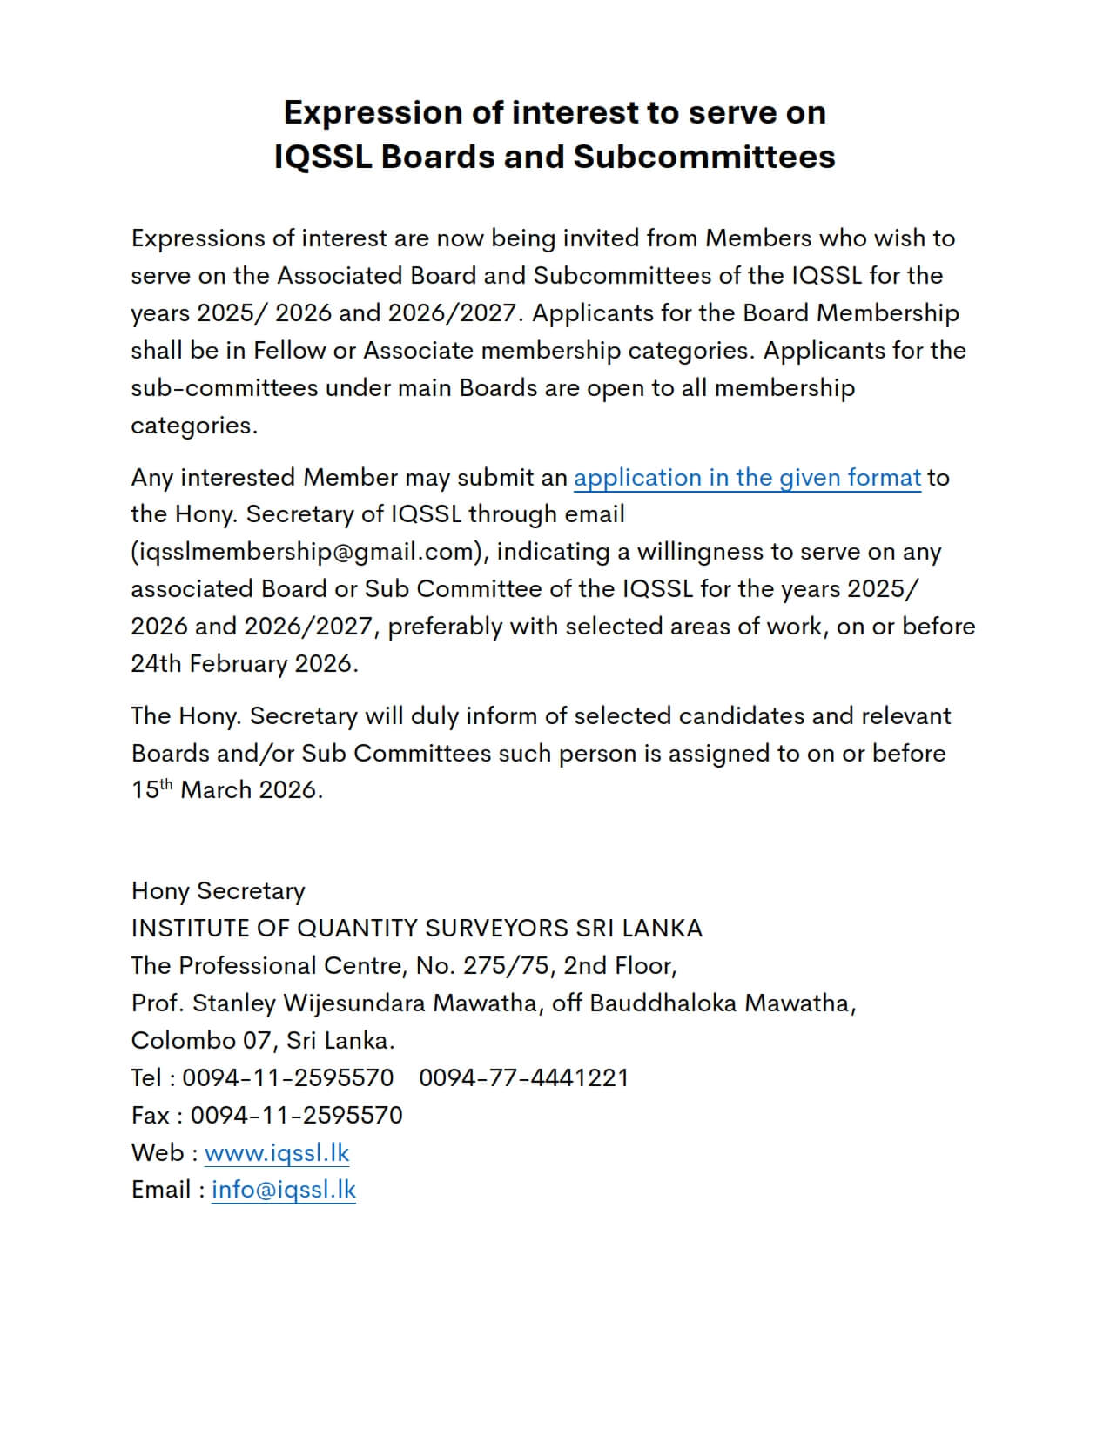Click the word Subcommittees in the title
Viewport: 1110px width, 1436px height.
[703, 158]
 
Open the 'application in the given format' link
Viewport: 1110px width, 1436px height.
[747, 478]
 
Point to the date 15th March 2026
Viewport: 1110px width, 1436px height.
[226, 790]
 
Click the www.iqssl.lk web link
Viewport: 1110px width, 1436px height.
[277, 1153]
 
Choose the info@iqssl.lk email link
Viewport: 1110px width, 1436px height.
[284, 1190]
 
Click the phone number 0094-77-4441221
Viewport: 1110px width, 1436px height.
[523, 1078]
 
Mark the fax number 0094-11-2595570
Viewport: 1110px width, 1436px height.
[297, 1116]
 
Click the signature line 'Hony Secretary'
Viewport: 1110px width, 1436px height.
[218, 891]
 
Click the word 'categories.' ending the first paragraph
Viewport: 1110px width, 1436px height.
[194, 426]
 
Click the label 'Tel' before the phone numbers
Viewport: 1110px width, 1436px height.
[146, 1078]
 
